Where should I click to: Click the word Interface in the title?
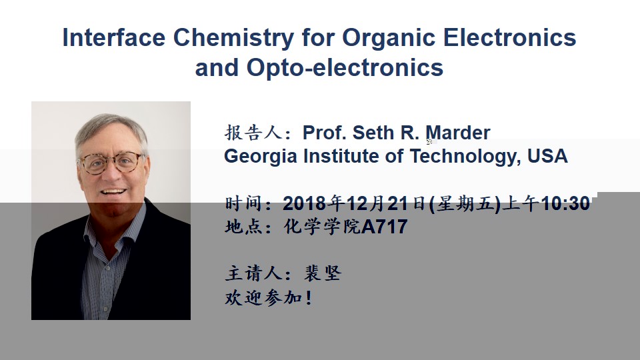pos(114,37)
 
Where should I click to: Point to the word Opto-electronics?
pos(345,68)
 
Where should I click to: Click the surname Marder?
pos(457,133)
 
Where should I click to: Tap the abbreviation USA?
pos(547,156)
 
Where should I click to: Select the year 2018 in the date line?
pos(304,203)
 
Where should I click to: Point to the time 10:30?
pos(565,203)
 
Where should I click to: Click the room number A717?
pos(385,227)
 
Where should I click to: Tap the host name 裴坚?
pos(323,273)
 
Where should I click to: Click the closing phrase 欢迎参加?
pos(263,297)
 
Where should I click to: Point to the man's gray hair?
pos(109,127)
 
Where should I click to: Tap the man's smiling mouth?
pos(113,191)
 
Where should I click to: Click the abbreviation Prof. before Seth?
pos(325,133)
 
